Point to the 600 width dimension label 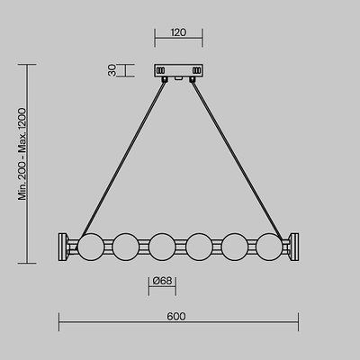click(x=176, y=316)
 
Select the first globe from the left click(x=90, y=244)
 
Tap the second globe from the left click(x=125, y=244)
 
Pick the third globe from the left click(x=161, y=244)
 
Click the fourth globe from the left click(x=198, y=244)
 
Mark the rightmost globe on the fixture click(x=269, y=244)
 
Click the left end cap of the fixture click(x=66, y=244)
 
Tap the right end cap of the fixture click(x=293, y=244)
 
